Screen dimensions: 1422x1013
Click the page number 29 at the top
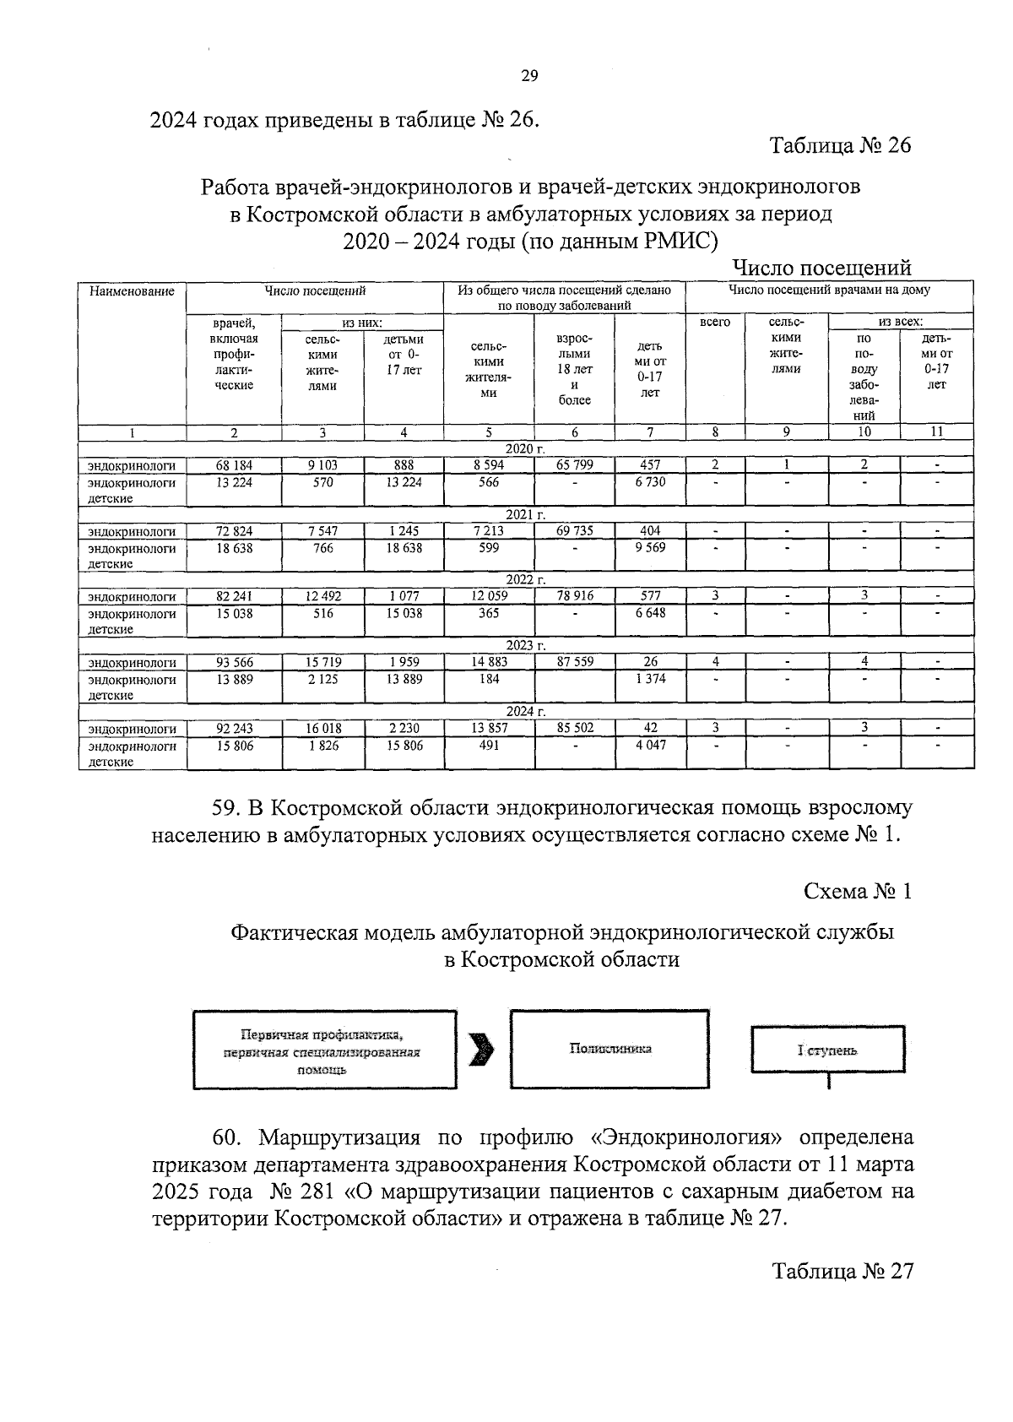coord(529,76)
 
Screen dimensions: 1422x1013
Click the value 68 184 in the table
coord(234,464)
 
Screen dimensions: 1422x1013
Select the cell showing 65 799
coord(574,464)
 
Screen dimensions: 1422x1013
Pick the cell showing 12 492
coord(322,596)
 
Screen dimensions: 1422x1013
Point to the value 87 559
coord(574,662)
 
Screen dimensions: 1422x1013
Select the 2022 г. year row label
coord(526,580)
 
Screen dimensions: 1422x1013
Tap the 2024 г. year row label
coord(526,712)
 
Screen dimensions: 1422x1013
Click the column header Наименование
coord(132,291)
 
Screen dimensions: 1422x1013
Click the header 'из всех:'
coord(901,322)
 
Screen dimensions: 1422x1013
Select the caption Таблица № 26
coord(841,145)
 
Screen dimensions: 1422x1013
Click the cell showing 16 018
coord(322,729)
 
